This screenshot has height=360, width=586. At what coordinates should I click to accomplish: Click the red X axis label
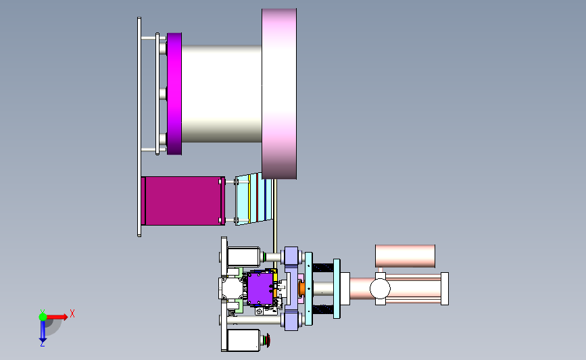click(72, 313)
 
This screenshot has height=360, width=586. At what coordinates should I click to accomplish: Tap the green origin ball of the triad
click(43, 317)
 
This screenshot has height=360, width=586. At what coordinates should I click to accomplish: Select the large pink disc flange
click(279, 94)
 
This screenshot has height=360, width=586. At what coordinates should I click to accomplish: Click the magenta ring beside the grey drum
click(174, 94)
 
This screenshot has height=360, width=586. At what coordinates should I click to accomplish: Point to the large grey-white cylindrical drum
click(222, 94)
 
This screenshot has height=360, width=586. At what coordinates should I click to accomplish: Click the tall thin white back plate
click(139, 127)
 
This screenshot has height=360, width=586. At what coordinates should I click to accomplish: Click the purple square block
click(260, 288)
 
